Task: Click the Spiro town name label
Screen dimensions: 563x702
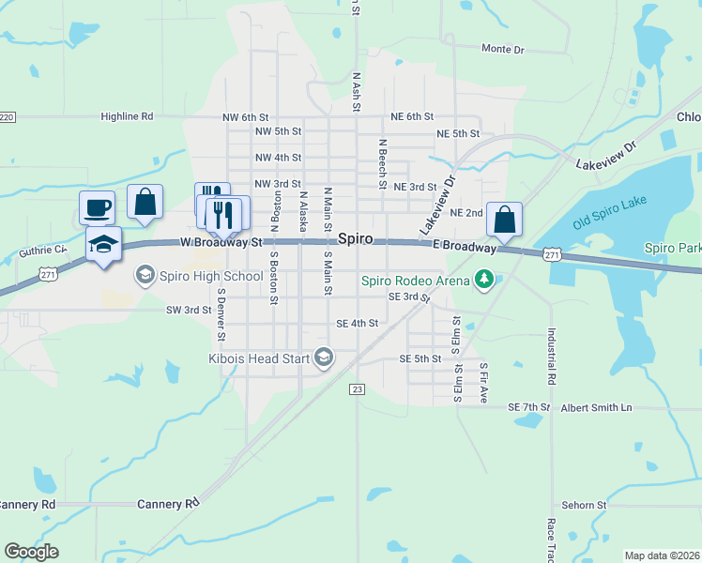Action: [362, 239]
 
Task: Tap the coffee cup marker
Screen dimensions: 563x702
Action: [98, 206]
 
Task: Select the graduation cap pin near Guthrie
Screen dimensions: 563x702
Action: [103, 244]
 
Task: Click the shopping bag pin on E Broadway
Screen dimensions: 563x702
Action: [504, 220]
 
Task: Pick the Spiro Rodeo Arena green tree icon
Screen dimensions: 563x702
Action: [483, 279]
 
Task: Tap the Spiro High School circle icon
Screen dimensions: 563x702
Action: [145, 276]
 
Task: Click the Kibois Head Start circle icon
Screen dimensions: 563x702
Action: [324, 357]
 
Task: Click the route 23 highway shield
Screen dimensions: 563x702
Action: [356, 388]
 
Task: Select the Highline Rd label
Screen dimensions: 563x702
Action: [127, 117]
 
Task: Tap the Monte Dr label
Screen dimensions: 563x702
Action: [502, 49]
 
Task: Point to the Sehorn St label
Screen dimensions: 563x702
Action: [585, 505]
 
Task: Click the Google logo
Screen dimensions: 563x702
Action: [31, 552]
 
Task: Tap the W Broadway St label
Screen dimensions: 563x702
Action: [221, 242]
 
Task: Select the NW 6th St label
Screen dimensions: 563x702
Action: [246, 117]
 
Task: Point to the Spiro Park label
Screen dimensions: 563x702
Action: [673, 249]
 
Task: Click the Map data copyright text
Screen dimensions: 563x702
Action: [663, 555]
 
